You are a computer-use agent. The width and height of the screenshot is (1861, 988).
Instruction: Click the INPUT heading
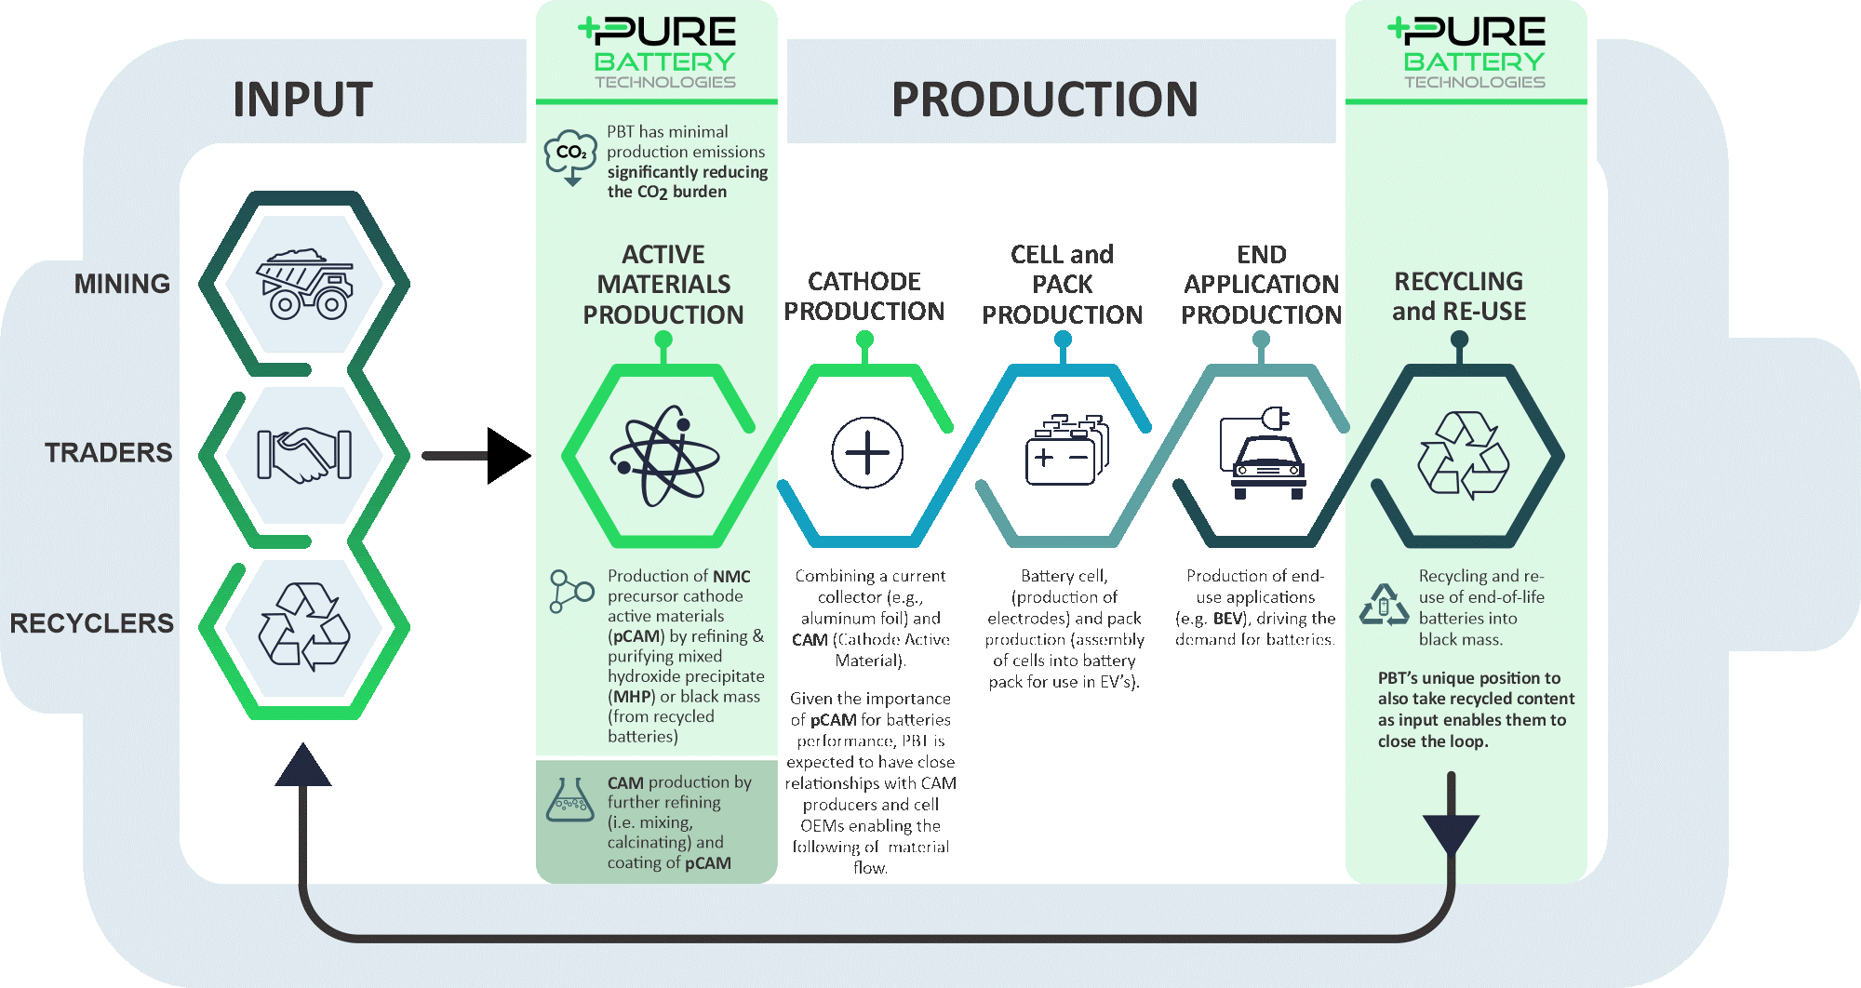click(x=302, y=100)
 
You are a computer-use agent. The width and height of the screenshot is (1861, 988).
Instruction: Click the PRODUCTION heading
click(x=1044, y=100)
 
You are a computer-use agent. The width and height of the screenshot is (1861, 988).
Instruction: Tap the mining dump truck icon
click(x=304, y=283)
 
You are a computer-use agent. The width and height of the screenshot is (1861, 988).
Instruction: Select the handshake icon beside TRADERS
click(x=304, y=455)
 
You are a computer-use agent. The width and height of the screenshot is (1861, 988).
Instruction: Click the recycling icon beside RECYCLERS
click(x=304, y=626)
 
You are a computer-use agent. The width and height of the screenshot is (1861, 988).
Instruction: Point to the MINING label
click(x=122, y=284)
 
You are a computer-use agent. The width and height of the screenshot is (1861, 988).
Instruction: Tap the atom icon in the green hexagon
click(x=664, y=456)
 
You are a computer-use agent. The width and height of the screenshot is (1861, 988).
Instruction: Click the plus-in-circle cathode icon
click(x=866, y=453)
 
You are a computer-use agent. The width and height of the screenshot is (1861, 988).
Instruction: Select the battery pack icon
click(x=1066, y=451)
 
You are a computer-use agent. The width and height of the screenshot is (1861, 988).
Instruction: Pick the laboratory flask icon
click(x=570, y=801)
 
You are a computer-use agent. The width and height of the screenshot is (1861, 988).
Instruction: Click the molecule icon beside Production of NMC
click(x=570, y=592)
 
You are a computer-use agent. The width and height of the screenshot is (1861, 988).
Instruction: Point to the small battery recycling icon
click(x=1385, y=606)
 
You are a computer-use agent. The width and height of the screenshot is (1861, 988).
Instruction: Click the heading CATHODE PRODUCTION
click(x=864, y=297)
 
